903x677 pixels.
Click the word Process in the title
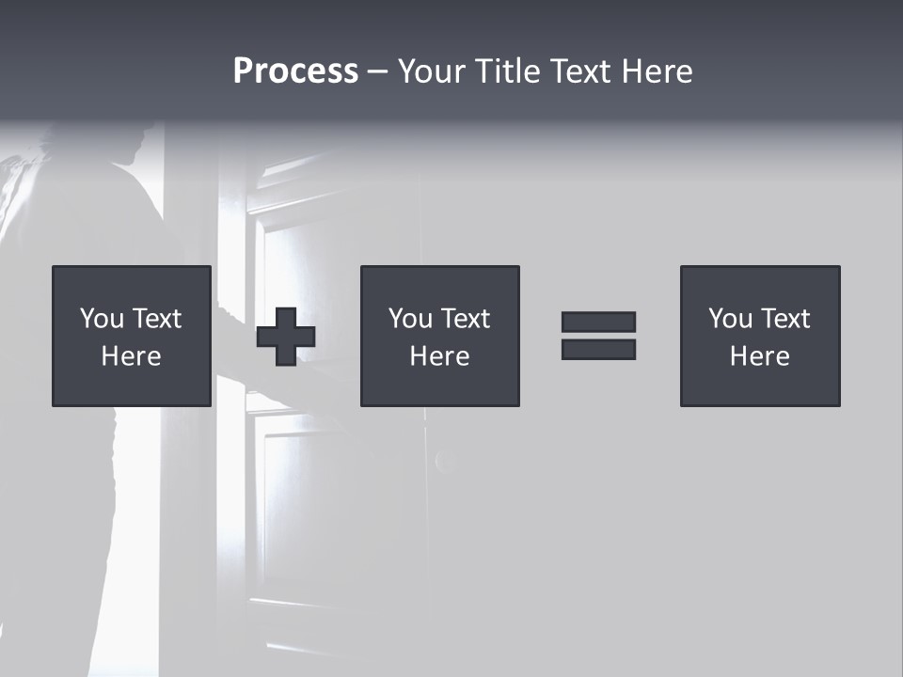click(295, 71)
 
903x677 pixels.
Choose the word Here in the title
click(657, 71)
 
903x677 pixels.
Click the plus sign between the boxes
click(286, 337)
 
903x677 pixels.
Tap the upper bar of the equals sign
click(598, 322)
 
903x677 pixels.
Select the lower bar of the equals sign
click(598, 350)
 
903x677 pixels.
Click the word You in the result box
click(729, 319)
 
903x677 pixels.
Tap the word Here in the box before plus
click(132, 356)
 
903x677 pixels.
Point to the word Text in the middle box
click(466, 319)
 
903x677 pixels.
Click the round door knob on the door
click(446, 461)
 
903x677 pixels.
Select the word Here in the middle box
click(439, 356)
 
